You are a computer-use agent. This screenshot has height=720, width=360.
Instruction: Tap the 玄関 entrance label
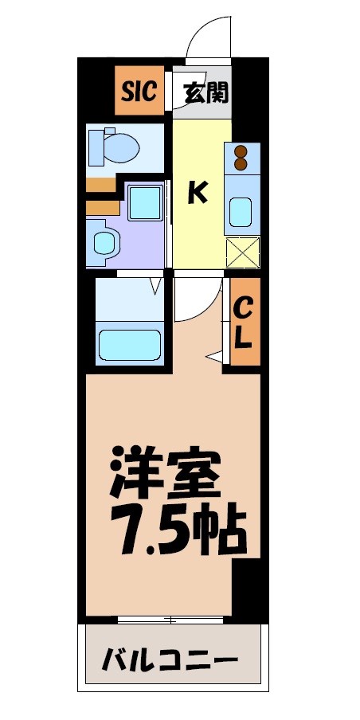(206, 92)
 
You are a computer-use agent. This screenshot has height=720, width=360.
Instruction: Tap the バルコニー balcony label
(170, 660)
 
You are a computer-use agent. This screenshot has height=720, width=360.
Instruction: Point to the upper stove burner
(242, 151)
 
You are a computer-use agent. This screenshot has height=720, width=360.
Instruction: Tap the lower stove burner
(242, 165)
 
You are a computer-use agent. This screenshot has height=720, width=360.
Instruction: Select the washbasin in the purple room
(104, 242)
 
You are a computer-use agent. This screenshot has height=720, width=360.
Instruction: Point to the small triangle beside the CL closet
(214, 356)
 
